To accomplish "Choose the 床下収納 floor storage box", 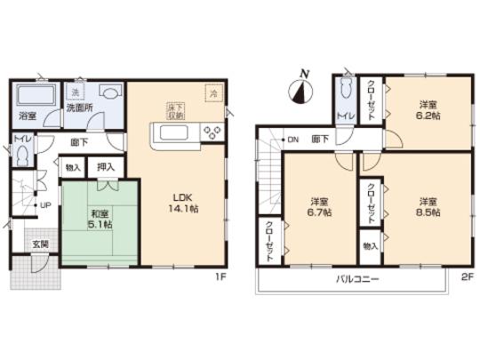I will [x=174, y=110].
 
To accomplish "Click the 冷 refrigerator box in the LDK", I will [x=213, y=92].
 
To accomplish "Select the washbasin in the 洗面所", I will [x=109, y=92].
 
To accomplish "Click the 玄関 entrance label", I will [x=41, y=244].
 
